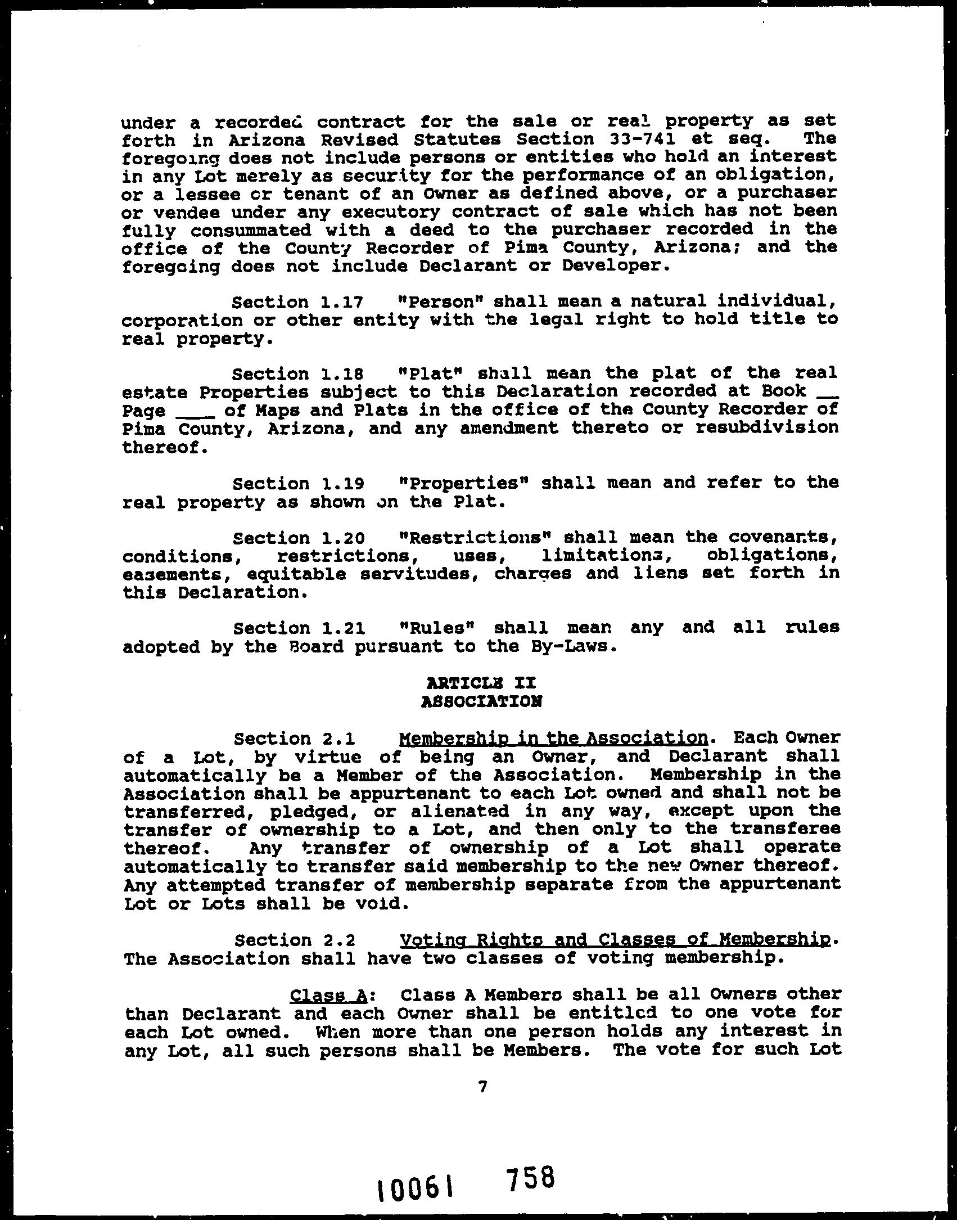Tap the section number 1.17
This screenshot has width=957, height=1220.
point(342,303)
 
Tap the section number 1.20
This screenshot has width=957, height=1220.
point(342,538)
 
